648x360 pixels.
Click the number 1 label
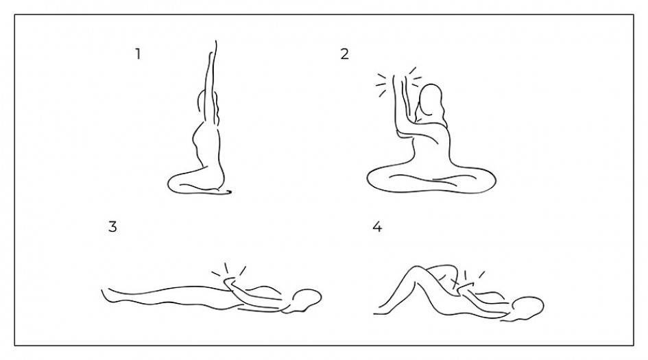click(138, 53)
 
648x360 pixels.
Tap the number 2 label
click(345, 53)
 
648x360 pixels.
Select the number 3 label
click(112, 226)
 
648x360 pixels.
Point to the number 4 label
click(377, 226)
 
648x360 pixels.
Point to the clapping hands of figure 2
click(400, 84)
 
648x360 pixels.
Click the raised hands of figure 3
click(232, 283)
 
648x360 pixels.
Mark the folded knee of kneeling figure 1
click(174, 184)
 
